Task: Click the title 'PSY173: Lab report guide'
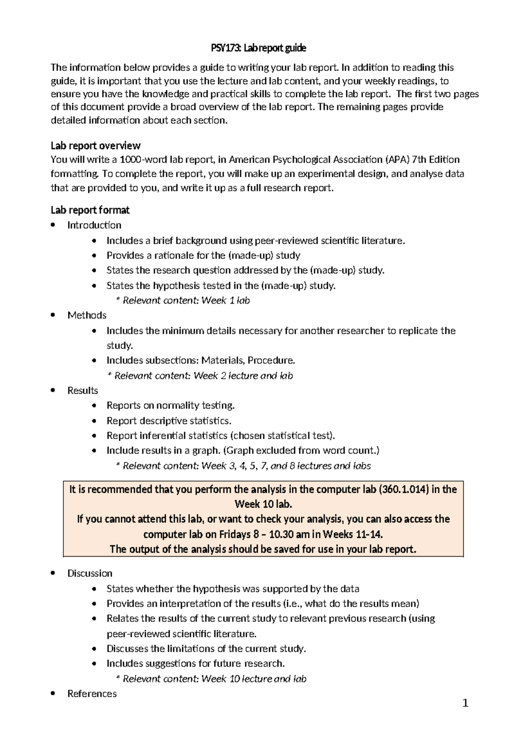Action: click(258, 48)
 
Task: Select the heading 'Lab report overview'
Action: click(95, 146)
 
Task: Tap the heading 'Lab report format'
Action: click(90, 210)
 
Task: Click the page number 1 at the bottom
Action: click(465, 703)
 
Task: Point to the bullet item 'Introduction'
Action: click(94, 225)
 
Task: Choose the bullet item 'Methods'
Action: click(87, 315)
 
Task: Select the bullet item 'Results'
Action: click(82, 391)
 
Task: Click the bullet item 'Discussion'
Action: click(90, 573)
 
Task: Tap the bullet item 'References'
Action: click(92, 694)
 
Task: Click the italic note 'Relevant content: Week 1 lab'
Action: click(186, 301)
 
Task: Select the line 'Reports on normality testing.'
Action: click(170, 405)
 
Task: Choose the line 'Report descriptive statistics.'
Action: click(169, 420)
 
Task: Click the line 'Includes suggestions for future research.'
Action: click(196, 663)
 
